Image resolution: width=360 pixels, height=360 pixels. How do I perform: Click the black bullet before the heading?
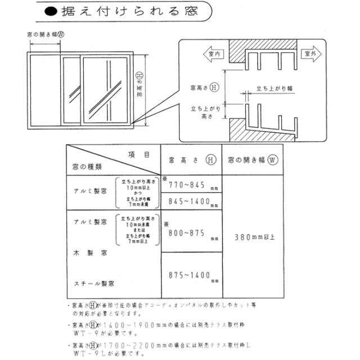point(51,11)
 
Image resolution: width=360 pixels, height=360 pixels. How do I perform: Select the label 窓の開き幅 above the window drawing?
point(44,34)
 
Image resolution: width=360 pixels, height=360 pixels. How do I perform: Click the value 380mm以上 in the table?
point(255,237)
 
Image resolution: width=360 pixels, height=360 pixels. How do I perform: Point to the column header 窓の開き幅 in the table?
point(253,159)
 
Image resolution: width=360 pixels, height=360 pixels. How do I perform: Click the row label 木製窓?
point(89,254)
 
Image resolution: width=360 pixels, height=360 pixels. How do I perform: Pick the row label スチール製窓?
point(93,283)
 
